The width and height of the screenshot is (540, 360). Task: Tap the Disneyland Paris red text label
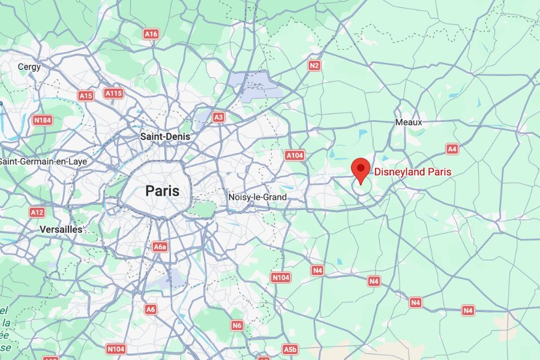pyautogui.click(x=413, y=172)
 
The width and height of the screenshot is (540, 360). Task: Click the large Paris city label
pyautogui.click(x=162, y=191)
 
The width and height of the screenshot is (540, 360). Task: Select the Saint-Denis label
pyautogui.click(x=165, y=136)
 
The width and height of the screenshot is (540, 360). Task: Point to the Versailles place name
pyautogui.click(x=61, y=229)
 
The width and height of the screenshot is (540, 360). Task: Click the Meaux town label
pyautogui.click(x=409, y=122)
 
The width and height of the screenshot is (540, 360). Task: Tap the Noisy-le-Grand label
pyautogui.click(x=257, y=197)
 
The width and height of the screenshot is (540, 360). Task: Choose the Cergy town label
pyautogui.click(x=29, y=67)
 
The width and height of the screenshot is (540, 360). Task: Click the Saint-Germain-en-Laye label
pyautogui.click(x=43, y=161)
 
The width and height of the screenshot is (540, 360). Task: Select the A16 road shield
pyautogui.click(x=151, y=34)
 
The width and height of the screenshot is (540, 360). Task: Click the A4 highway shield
pyautogui.click(x=452, y=148)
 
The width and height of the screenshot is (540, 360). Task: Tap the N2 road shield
pyautogui.click(x=314, y=65)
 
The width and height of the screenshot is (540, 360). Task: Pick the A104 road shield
pyautogui.click(x=295, y=155)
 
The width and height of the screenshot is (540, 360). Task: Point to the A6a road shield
pyautogui.click(x=160, y=247)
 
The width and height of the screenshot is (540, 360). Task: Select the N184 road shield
pyautogui.click(x=42, y=121)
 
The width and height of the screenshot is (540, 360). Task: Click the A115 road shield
pyautogui.click(x=113, y=93)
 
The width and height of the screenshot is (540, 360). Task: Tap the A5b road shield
pyautogui.click(x=290, y=349)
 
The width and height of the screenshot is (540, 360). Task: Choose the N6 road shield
pyautogui.click(x=238, y=325)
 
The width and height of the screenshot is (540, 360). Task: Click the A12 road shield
pyautogui.click(x=37, y=212)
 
